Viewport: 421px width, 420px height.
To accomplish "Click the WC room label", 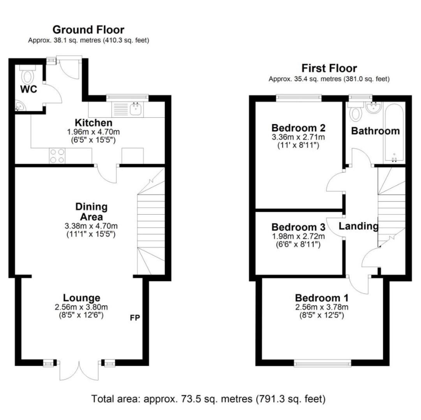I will pos(28,89).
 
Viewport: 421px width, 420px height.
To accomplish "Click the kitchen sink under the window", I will pos(136,109).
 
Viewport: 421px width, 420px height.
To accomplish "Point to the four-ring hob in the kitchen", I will pos(57,156).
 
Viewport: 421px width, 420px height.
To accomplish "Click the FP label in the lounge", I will pos(134,318).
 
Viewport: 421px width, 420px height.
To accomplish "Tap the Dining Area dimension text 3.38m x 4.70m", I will pos(91,226).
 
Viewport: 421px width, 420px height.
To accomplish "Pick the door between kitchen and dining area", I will pos(107,173).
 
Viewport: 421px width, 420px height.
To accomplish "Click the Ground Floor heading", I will pos(88,30).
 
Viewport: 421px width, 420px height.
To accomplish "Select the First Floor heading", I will pos(329,68).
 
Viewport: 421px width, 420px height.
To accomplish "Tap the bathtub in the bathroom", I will pos(394,132).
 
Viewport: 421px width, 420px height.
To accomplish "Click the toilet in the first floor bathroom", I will pos(356,113).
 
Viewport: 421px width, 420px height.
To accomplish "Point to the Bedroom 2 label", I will pos(298,128).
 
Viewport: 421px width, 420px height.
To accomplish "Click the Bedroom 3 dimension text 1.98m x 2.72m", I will pos(298,236).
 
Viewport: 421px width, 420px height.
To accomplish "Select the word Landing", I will pos(358,226).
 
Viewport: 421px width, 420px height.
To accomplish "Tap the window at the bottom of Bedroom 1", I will pos(323,363).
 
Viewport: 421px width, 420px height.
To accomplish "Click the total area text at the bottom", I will pos(208,399).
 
